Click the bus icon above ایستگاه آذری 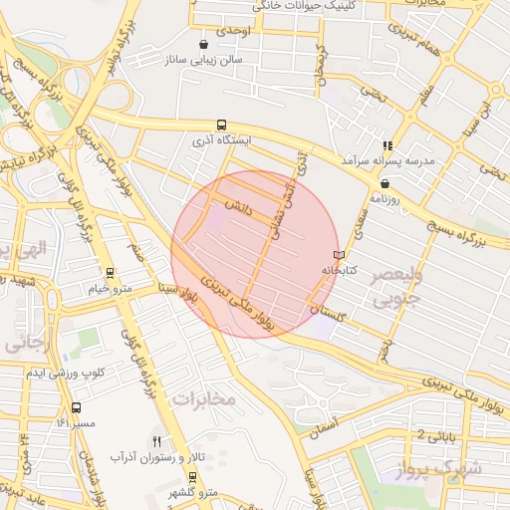[x=221, y=124]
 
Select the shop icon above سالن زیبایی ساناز [x=204, y=45]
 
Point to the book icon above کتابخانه [x=339, y=255]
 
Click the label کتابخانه [x=338, y=270]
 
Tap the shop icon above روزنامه [x=384, y=182]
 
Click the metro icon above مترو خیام [x=110, y=272]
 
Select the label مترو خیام [x=110, y=288]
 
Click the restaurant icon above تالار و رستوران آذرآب [x=156, y=440]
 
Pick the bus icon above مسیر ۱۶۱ [x=77, y=407]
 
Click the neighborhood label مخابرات [x=204, y=398]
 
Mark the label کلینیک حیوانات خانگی [x=306, y=5]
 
